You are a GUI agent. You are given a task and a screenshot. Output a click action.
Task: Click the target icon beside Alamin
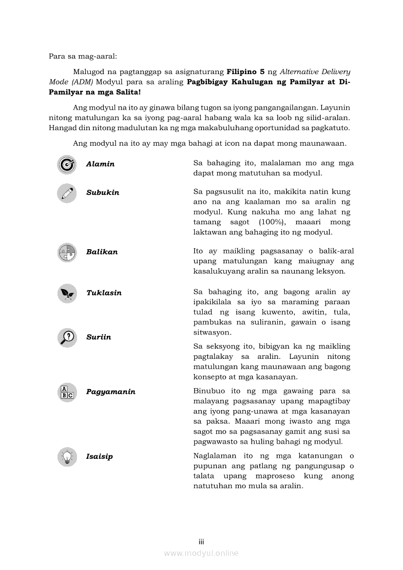tap(67, 164)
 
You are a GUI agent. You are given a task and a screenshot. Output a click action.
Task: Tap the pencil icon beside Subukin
tap(67, 193)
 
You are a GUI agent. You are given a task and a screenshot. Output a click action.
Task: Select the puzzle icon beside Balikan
tap(67, 252)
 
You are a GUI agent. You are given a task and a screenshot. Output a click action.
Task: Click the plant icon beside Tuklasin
tap(67, 293)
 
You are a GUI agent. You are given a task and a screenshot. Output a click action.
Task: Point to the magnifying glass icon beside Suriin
tap(67, 337)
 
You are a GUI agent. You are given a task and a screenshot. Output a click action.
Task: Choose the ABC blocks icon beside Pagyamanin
tap(67, 392)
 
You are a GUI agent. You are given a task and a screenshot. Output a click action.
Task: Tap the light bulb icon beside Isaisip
tap(67, 457)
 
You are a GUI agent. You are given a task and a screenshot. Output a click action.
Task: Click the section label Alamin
tap(100, 164)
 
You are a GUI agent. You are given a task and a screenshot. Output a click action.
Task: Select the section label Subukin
tap(103, 193)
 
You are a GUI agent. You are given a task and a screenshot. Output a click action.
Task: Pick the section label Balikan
tap(102, 252)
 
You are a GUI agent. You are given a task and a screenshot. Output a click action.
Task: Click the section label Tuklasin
tap(104, 293)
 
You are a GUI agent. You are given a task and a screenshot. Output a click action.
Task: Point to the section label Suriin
tap(98, 337)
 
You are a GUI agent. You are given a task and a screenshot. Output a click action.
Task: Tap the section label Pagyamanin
tap(111, 392)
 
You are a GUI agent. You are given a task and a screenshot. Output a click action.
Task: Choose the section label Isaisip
tap(99, 457)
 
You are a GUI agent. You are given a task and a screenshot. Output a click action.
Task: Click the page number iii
tap(201, 542)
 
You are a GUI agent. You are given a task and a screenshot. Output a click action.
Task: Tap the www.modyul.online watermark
tap(201, 553)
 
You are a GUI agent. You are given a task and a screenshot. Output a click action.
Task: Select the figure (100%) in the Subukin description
tap(266, 222)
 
